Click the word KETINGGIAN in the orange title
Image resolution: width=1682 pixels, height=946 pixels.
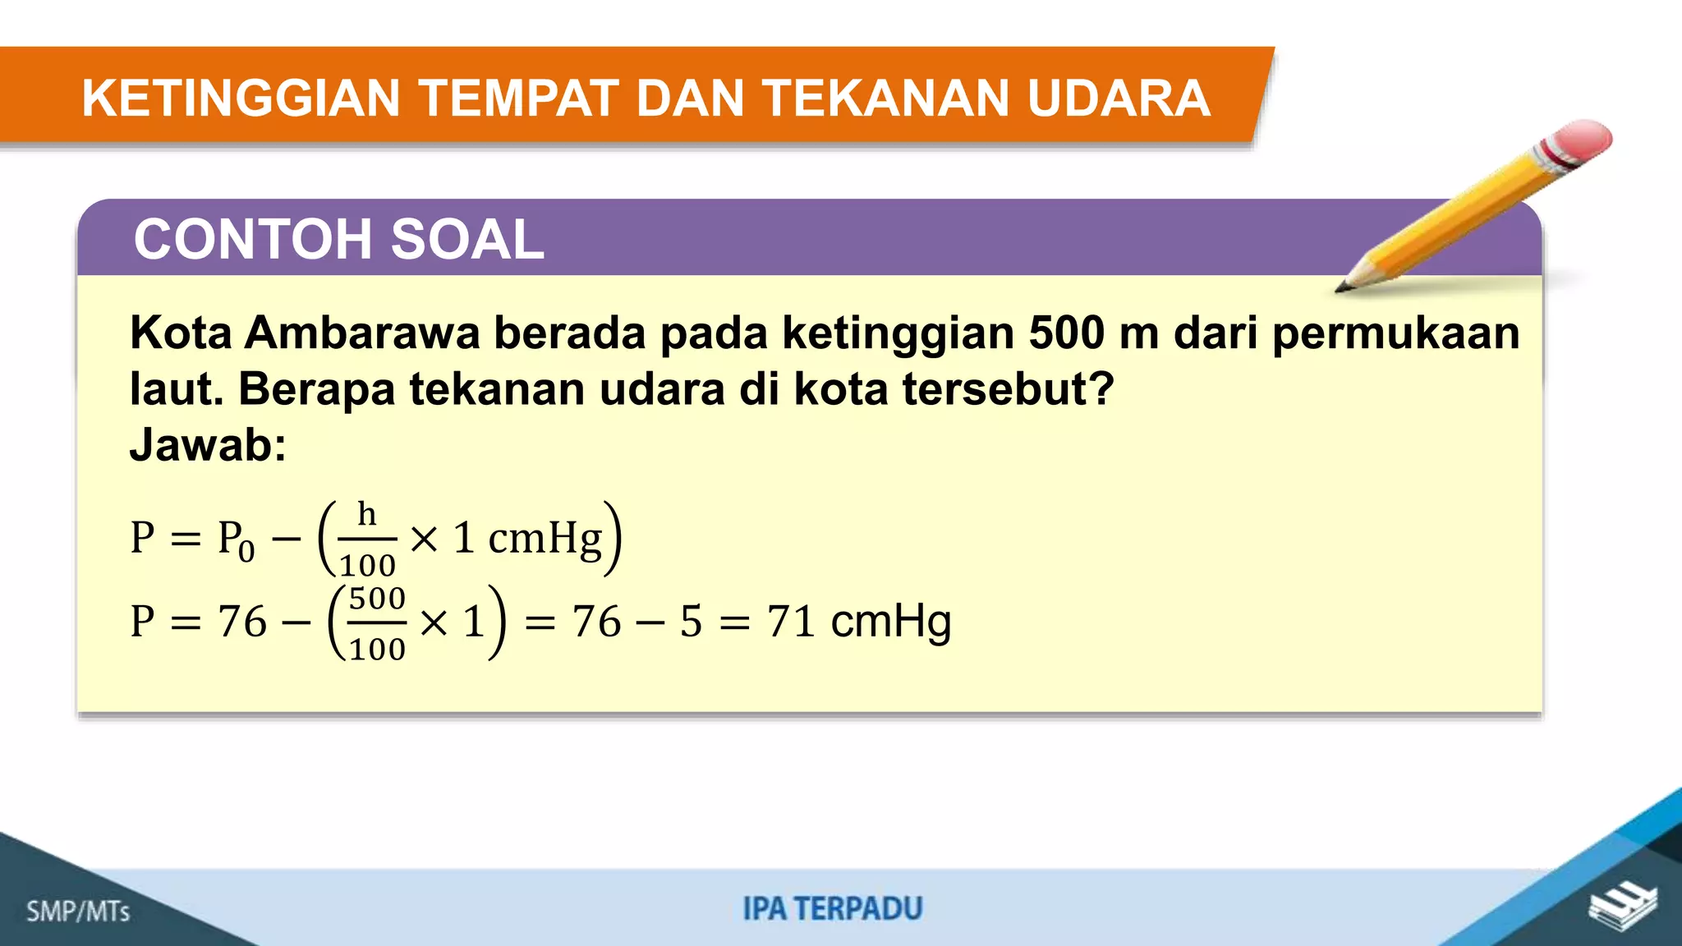241,99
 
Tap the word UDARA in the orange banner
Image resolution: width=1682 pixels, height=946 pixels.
1118,99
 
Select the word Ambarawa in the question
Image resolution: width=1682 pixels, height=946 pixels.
361,333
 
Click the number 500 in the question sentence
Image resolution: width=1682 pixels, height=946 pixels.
1066,333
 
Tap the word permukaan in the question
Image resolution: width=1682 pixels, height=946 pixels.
1395,334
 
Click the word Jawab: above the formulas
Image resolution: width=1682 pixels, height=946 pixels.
208,445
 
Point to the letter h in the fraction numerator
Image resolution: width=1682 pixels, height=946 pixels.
366,515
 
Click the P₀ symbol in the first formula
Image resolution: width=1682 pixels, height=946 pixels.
235,540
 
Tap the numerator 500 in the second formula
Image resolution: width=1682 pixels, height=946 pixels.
377,599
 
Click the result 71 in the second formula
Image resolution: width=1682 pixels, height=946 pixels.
790,621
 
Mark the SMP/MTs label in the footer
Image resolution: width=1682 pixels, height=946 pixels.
78,911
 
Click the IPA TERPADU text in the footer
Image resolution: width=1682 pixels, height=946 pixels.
833,909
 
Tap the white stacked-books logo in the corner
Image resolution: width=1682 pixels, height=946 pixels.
1622,907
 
